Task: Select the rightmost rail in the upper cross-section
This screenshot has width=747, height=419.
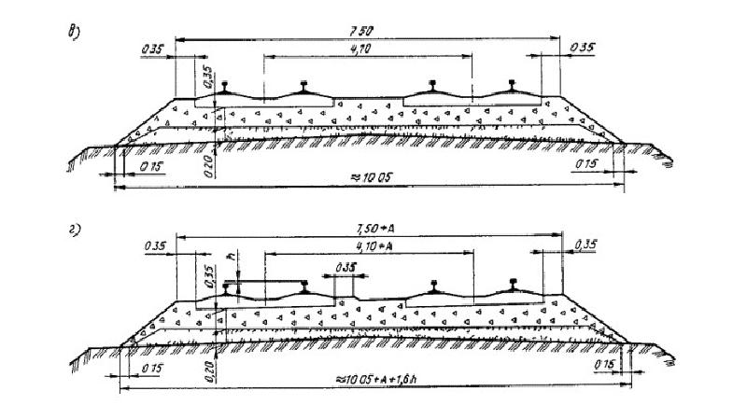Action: coord(514,87)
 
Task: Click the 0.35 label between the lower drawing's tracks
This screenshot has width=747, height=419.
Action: coord(345,268)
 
